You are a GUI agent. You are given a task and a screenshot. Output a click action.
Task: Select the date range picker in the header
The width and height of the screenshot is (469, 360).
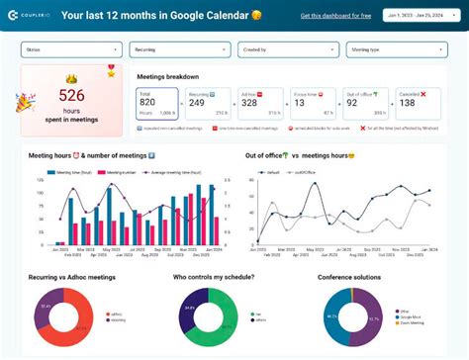417,16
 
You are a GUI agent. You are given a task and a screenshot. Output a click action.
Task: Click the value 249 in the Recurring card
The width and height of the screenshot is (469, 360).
198,101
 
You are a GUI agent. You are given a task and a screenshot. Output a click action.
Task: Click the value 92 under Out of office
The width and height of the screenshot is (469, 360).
351,101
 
